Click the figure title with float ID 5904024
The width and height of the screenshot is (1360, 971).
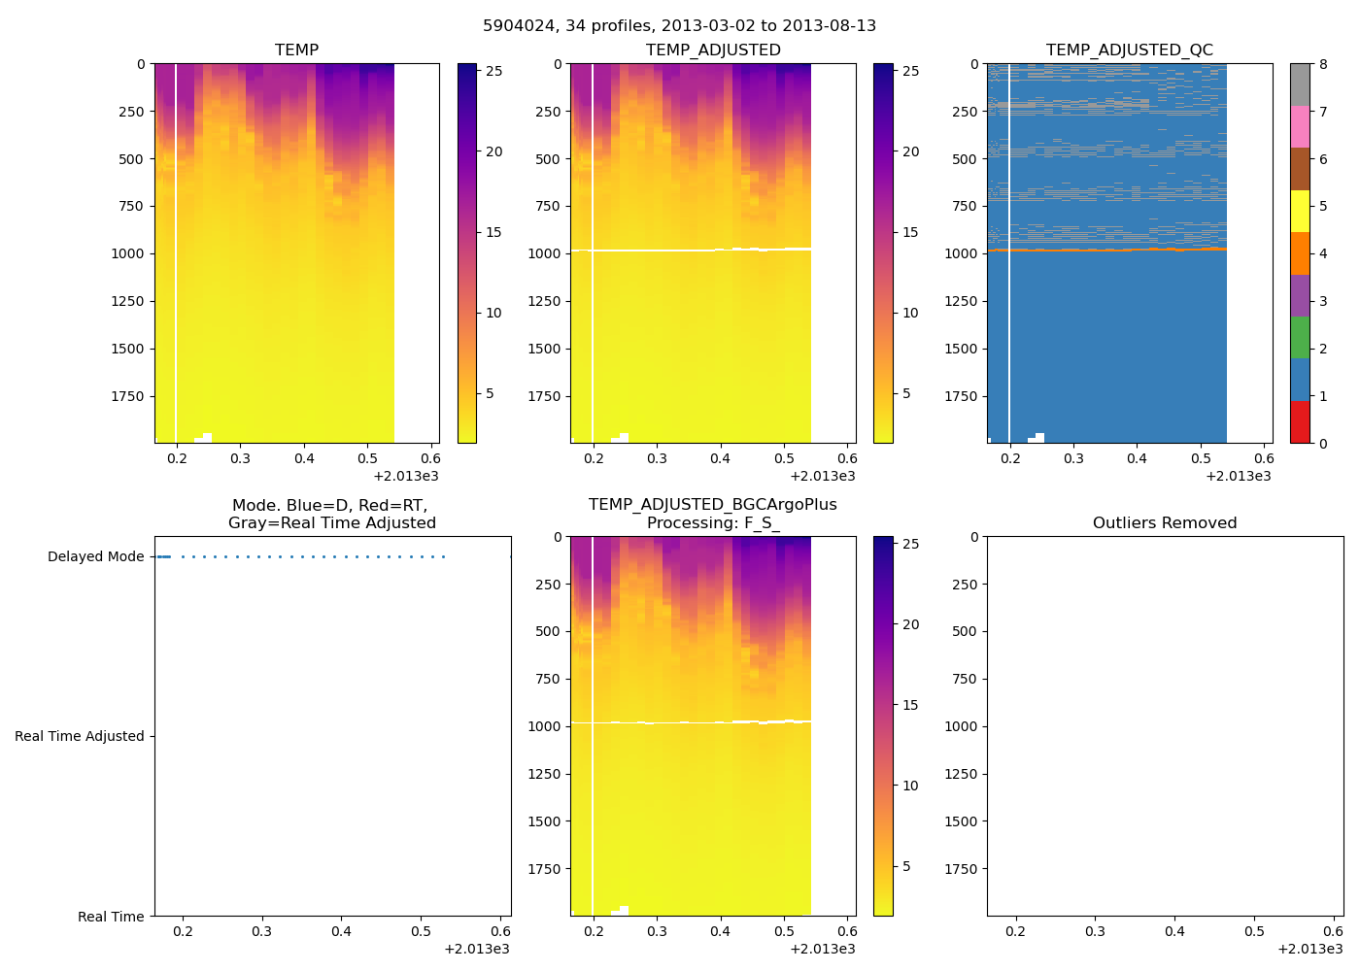[x=679, y=26]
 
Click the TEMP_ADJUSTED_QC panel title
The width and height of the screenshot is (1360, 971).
[x=1129, y=50]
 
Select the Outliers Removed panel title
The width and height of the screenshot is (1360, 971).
[x=1165, y=523]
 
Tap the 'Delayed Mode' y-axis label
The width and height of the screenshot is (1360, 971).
[x=95, y=556]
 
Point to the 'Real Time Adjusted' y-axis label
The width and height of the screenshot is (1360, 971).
[x=80, y=736]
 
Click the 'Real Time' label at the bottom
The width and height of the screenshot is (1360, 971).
[x=111, y=917]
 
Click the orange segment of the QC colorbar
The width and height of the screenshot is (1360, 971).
[x=1300, y=253]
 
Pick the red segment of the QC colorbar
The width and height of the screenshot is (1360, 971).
[x=1300, y=422]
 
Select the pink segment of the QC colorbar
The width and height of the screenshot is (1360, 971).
[x=1300, y=126]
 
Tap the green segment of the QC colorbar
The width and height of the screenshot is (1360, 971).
[x=1300, y=338]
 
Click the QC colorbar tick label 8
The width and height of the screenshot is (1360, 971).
[x=1323, y=64]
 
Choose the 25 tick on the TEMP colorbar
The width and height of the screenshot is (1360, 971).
[x=494, y=71]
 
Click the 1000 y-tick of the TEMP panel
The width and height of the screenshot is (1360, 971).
[x=127, y=253]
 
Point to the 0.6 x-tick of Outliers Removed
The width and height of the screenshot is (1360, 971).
[x=1334, y=931]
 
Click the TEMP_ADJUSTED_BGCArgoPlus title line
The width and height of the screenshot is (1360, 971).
[x=712, y=505]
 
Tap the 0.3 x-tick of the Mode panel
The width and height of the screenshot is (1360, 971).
[x=262, y=931]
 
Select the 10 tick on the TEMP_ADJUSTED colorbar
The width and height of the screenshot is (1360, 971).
[x=910, y=313]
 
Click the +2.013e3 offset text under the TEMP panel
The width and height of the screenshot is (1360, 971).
[x=406, y=476]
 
